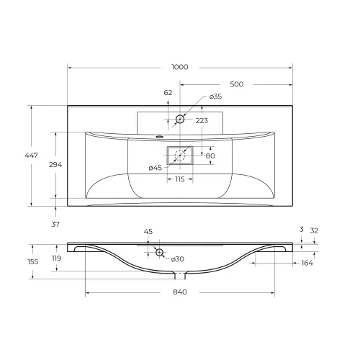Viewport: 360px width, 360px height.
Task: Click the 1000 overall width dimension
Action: (180, 67)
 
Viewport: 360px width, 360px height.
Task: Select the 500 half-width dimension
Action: (237, 84)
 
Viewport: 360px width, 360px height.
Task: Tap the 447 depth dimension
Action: (32, 156)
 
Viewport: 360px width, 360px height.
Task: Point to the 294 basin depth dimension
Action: (55, 165)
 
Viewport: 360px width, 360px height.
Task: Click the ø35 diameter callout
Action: (215, 96)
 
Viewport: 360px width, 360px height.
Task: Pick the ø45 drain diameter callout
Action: (156, 168)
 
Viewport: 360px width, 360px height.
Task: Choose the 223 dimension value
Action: (202, 120)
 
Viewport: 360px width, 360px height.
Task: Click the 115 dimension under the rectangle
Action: (180, 179)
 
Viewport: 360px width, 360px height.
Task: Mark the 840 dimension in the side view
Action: (180, 292)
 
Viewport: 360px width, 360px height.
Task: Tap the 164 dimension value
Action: (307, 263)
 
